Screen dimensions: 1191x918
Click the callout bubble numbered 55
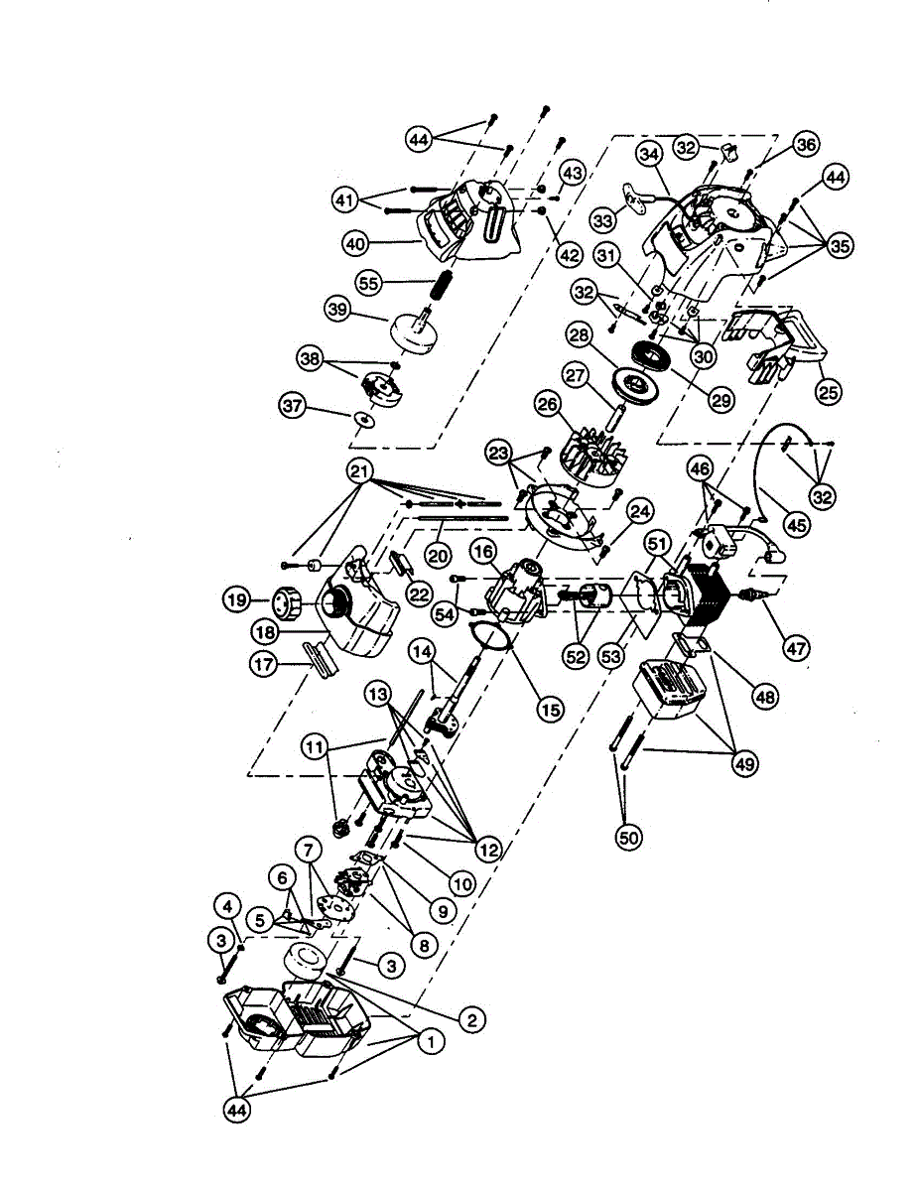point(370,283)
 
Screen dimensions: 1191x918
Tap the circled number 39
point(339,310)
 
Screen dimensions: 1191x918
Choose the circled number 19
point(235,599)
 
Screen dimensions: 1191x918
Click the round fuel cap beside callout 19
point(286,602)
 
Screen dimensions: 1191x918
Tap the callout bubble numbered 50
point(629,838)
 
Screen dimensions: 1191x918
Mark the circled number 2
point(471,1019)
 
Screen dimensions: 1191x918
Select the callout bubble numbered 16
point(483,552)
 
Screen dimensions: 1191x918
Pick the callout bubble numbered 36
point(806,145)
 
